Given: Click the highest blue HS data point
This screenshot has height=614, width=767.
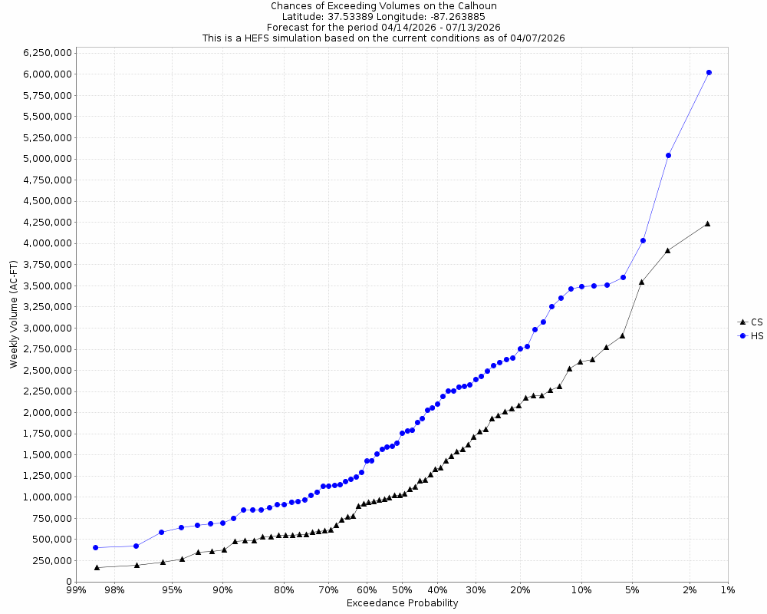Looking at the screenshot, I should [x=709, y=72].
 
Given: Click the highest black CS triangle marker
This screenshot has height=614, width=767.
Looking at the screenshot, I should [x=707, y=223].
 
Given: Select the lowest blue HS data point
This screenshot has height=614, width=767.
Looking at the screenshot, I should [x=95, y=548].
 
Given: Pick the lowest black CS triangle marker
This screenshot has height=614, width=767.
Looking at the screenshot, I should [x=97, y=567].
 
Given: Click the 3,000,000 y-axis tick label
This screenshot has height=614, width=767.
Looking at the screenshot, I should [x=48, y=328].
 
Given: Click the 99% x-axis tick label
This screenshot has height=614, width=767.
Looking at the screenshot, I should [x=76, y=590].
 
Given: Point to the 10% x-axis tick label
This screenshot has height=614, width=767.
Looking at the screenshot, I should [x=581, y=590].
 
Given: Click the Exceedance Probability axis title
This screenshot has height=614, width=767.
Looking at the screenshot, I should [x=402, y=603].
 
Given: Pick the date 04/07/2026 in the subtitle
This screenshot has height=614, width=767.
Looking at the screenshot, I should [x=537, y=38].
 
